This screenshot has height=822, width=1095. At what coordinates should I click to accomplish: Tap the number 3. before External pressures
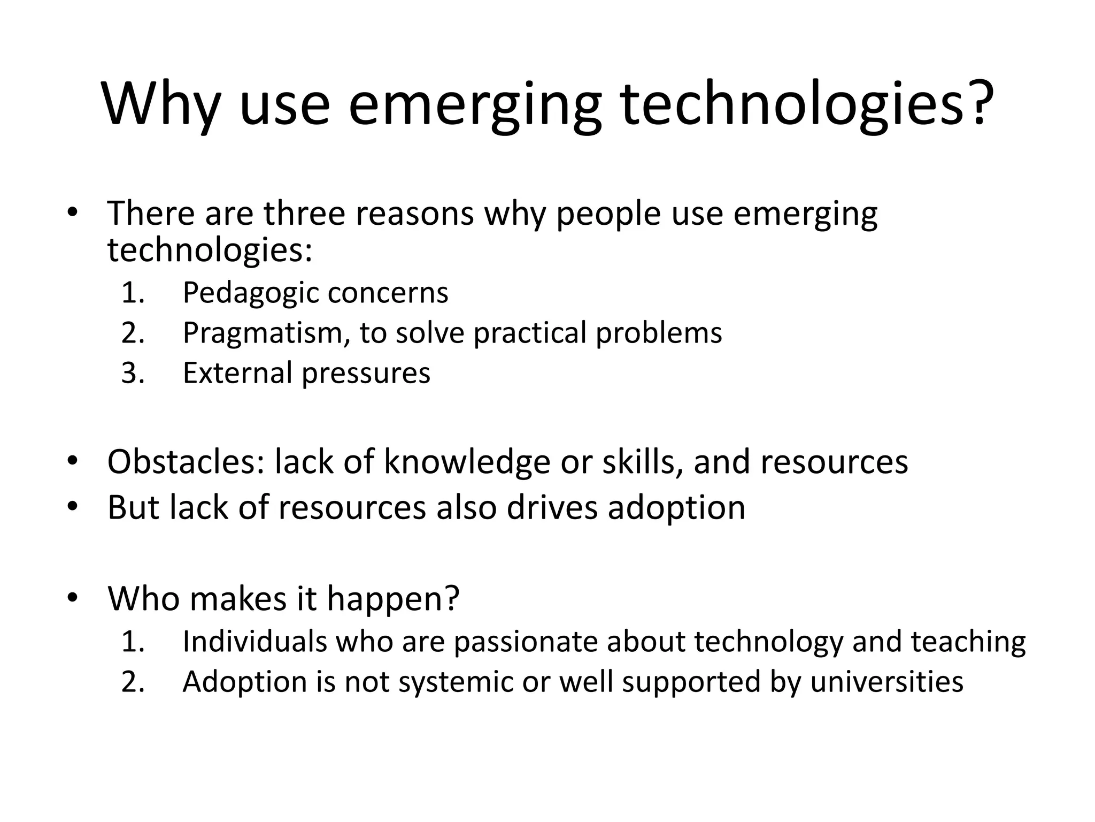click(133, 373)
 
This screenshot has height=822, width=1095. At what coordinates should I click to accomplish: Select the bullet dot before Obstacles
click(73, 460)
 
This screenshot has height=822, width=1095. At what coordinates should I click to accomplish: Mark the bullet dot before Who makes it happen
click(73, 597)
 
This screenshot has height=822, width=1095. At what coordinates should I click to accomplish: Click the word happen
click(393, 599)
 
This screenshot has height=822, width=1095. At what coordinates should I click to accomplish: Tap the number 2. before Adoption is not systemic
click(133, 682)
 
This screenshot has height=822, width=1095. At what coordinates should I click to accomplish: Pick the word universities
click(886, 682)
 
